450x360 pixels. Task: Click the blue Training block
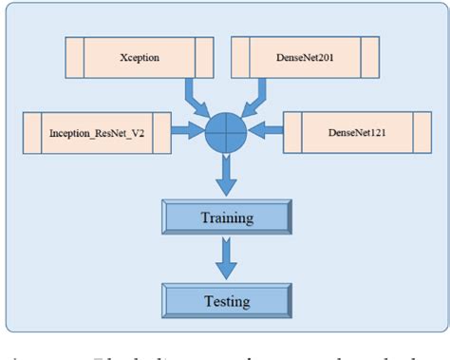coord(227,218)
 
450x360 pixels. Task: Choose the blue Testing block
coord(227,302)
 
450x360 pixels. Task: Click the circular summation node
coord(226,133)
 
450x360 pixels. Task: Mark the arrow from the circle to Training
coord(226,174)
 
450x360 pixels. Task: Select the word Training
coord(227,218)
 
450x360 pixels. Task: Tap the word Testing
coord(227,302)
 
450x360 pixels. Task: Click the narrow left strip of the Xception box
coord(74,57)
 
